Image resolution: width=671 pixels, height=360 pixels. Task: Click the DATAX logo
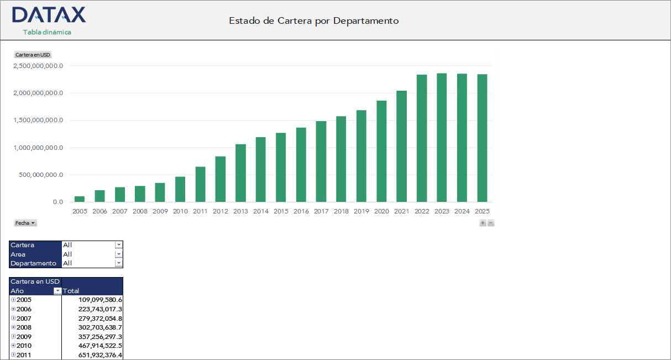pos(49,15)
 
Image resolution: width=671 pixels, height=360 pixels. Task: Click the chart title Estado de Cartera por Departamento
pos(313,21)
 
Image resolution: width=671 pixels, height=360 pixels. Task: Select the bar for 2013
pos(240,173)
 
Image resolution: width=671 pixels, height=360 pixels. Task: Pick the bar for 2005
pos(80,199)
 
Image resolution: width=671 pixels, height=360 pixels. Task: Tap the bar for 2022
pos(422,138)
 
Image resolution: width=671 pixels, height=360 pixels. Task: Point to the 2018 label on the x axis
pos(341,211)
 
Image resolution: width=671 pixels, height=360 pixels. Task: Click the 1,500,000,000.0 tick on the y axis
pos(38,121)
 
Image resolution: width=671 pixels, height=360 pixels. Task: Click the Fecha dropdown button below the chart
pos(25,223)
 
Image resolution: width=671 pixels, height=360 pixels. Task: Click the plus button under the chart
pos(483,223)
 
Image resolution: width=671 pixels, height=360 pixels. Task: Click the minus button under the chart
pos(491,223)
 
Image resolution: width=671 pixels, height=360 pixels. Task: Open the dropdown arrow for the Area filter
pos(118,254)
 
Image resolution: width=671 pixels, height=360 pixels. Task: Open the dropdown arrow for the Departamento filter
pos(118,263)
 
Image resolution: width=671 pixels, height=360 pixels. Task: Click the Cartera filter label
pos(23,245)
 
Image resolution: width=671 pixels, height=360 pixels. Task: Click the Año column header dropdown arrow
pos(57,291)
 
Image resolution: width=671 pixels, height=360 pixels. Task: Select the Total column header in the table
pos(72,291)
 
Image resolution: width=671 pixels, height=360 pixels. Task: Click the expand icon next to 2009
pos(13,336)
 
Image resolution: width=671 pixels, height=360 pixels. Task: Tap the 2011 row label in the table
pos(24,354)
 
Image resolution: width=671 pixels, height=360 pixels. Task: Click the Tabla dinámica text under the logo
pos(47,32)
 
